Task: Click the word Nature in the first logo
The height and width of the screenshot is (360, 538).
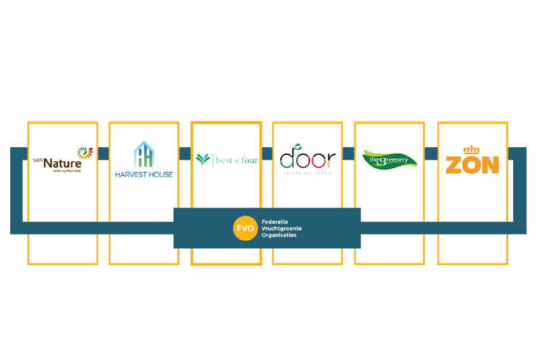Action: (62, 163)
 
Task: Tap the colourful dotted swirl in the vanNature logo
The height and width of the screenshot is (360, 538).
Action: (85, 153)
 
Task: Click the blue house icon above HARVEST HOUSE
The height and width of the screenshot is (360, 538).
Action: (144, 155)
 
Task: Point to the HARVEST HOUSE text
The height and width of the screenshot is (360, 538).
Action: (144, 174)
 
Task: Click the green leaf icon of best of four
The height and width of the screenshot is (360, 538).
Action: (202, 159)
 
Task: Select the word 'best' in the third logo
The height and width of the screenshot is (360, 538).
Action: (224, 160)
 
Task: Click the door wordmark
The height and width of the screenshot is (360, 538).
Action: (308, 159)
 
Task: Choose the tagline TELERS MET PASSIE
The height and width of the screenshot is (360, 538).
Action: (308, 173)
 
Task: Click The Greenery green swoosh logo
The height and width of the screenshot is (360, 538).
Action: (389, 159)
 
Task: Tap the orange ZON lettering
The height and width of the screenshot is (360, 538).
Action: (472, 164)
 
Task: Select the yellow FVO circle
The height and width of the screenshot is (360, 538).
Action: (244, 228)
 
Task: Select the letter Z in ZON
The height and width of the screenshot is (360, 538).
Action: (455, 164)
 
